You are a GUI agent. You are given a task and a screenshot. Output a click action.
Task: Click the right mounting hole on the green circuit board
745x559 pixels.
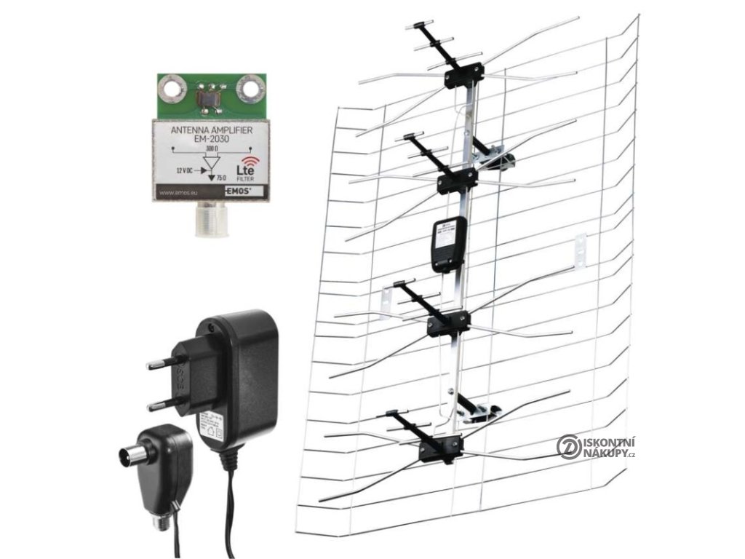(251, 89)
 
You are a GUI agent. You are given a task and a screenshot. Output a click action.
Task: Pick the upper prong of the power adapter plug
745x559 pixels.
(164, 364)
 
